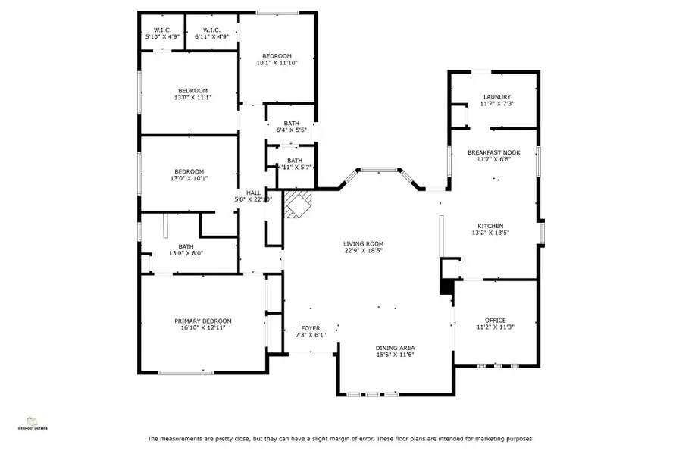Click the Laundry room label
click(496, 97)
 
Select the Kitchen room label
click(490, 226)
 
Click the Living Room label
click(364, 243)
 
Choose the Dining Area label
click(394, 348)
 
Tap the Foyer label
click(311, 328)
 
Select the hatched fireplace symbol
click(296, 205)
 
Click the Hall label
click(252, 193)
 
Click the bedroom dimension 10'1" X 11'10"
click(277, 63)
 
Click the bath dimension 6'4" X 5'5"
click(291, 130)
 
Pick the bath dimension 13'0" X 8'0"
click(186, 254)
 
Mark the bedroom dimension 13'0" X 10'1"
click(189, 178)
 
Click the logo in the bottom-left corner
click(33, 421)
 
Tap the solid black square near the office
click(446, 287)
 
